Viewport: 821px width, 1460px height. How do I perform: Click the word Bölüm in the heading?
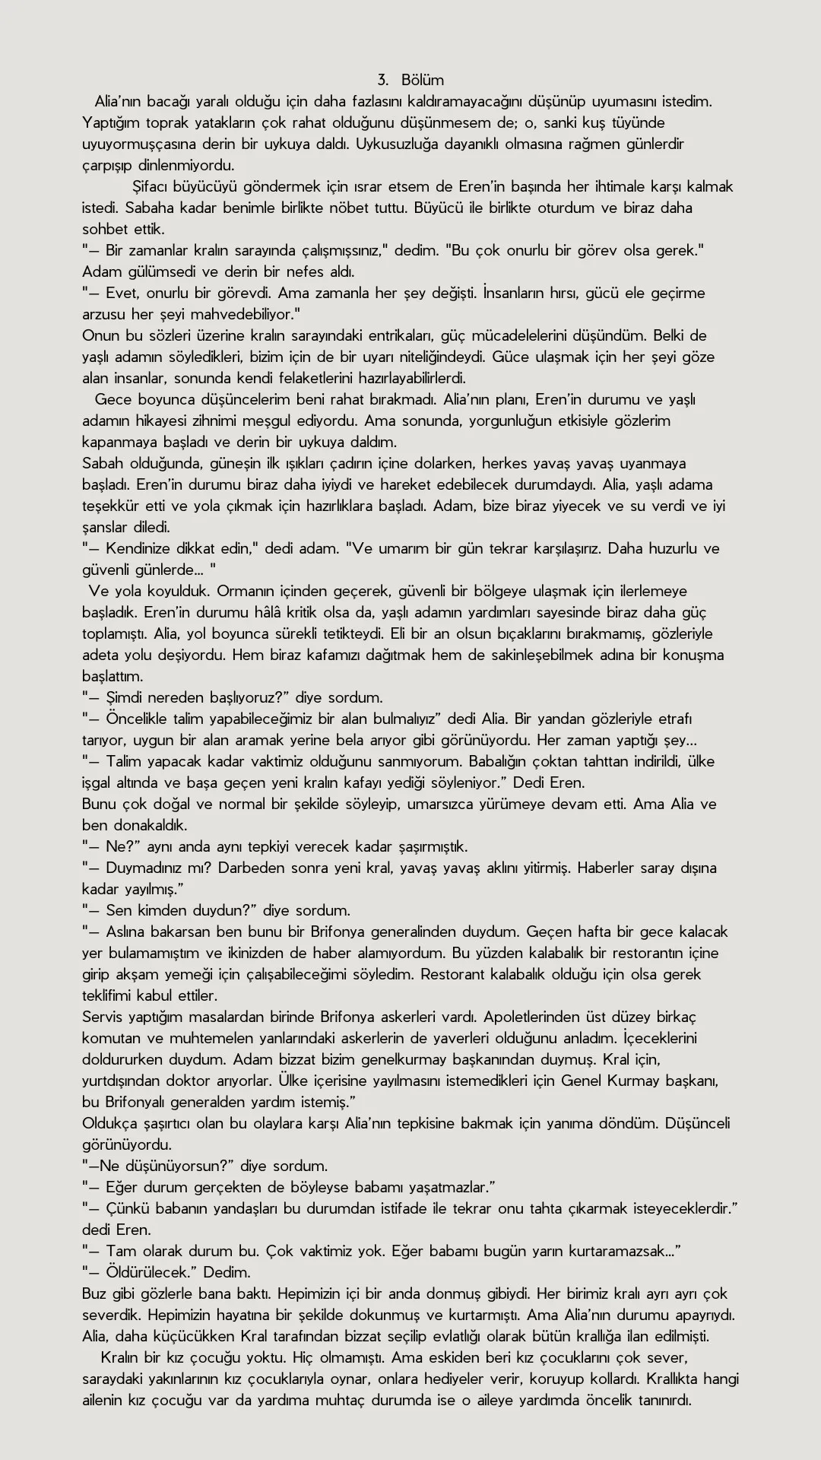[423, 80]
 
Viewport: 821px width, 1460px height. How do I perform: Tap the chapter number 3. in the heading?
[383, 80]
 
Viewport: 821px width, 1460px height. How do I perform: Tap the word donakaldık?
[134, 825]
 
